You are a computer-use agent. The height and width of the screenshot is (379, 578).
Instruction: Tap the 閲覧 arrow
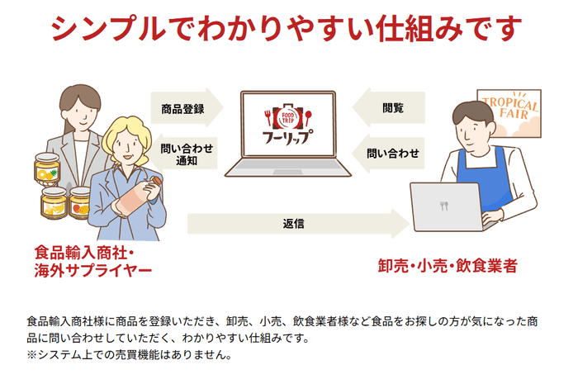(392, 107)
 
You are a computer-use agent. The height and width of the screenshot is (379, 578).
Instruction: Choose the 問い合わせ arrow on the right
(392, 153)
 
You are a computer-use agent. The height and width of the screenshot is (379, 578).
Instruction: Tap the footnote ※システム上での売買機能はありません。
(128, 356)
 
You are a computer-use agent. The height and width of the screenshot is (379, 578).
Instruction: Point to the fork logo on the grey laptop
(444, 206)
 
